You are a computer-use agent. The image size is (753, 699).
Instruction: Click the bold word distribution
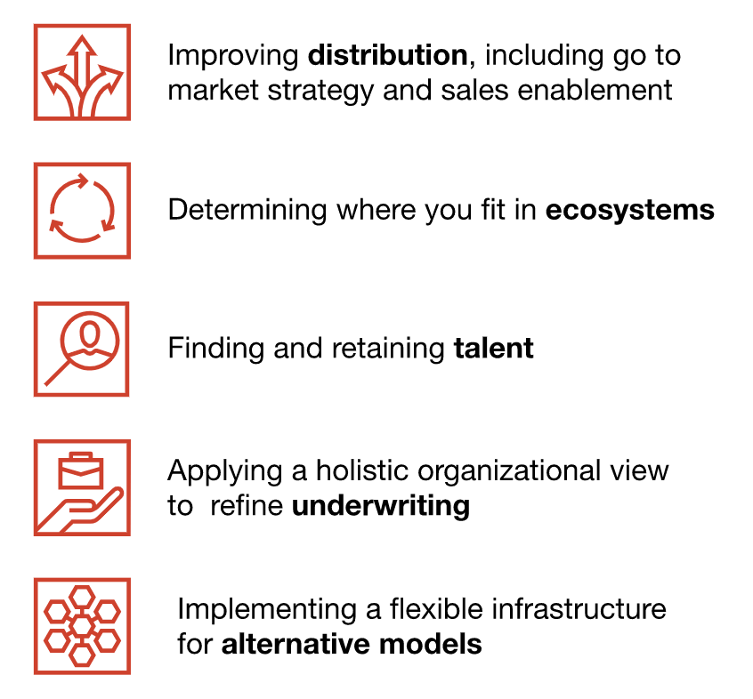coord(387,54)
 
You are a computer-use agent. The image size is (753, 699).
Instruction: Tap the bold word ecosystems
coord(629,210)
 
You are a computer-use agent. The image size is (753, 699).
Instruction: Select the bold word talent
coord(494,348)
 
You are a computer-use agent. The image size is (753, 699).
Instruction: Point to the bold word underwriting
coord(381,506)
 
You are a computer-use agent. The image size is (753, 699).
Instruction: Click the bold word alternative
coord(296,644)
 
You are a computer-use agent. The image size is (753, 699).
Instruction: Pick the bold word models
coord(430,644)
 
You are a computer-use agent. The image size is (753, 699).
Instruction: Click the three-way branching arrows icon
coord(82,76)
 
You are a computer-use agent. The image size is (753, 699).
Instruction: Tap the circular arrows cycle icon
coord(82,208)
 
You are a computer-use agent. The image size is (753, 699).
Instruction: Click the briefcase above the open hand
coord(81,470)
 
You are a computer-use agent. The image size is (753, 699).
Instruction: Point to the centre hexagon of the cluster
coord(82,625)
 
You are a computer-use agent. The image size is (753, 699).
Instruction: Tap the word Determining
coord(247,211)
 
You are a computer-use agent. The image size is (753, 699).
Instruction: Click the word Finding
coord(215,349)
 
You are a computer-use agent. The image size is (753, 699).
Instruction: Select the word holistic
coord(362,470)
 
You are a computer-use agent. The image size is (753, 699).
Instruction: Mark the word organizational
coord(509,472)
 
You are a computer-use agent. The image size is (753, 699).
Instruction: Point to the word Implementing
coord(267,610)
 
